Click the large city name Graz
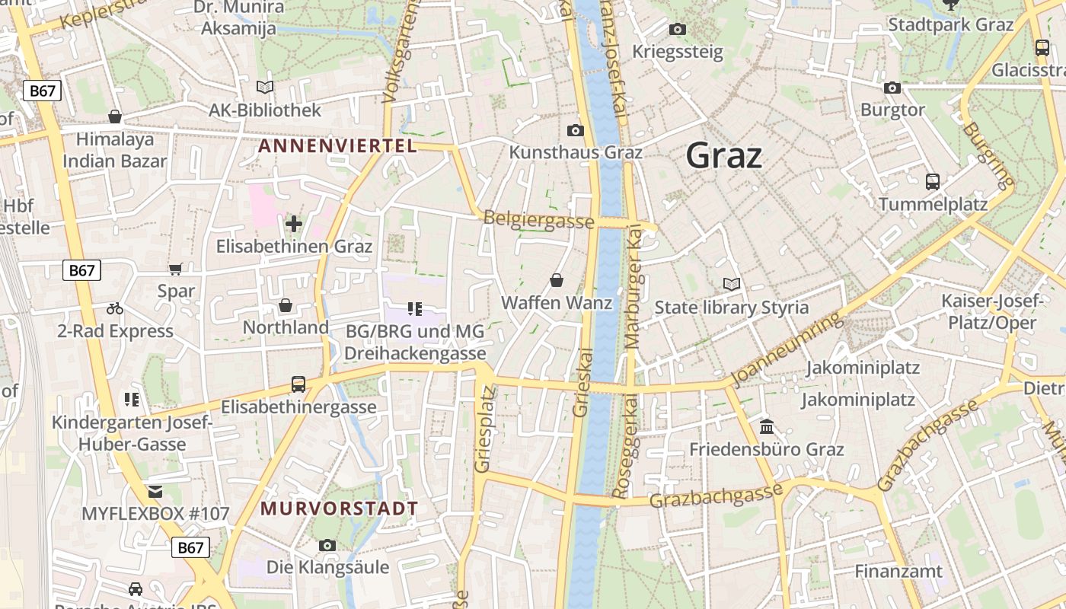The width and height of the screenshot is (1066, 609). (x=723, y=155)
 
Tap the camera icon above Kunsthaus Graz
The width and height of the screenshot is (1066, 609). (x=576, y=131)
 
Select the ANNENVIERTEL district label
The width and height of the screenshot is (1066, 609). (x=338, y=145)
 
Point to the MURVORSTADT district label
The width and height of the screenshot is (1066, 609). (x=340, y=508)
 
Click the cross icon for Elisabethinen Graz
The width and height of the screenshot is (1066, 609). (x=294, y=224)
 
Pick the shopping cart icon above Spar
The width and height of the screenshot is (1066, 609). (x=176, y=269)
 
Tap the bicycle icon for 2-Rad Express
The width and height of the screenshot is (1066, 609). (x=115, y=308)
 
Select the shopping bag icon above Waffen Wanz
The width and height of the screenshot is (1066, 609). (x=557, y=280)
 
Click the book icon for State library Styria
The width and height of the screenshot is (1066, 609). (x=732, y=285)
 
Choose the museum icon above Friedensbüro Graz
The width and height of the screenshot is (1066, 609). (x=767, y=426)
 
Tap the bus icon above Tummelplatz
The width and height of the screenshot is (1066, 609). (x=933, y=182)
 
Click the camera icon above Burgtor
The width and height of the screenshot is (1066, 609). (x=892, y=88)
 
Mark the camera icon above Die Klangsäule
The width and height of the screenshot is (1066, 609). (x=327, y=545)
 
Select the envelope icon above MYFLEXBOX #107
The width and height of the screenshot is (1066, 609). (x=155, y=491)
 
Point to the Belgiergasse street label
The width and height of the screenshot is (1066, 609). (x=538, y=220)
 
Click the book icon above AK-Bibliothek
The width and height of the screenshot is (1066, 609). (x=265, y=88)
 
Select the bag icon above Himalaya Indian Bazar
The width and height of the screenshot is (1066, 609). (x=115, y=116)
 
